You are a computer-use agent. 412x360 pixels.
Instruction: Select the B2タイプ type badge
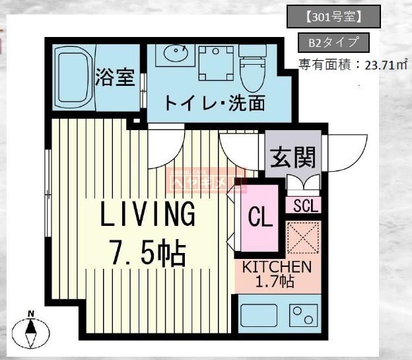(x=333, y=44)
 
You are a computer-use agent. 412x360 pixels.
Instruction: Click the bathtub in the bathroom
(x=74, y=77)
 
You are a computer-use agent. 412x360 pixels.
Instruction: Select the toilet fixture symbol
(x=252, y=67)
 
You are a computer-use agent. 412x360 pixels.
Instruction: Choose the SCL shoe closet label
(x=304, y=205)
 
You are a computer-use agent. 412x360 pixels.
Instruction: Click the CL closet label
(x=260, y=217)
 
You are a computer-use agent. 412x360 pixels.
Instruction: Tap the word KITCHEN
(x=277, y=267)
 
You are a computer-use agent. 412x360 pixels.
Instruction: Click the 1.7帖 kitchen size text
(x=277, y=281)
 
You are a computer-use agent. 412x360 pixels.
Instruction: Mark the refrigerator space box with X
(x=303, y=238)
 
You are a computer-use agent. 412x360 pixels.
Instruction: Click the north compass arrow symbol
(x=30, y=330)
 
